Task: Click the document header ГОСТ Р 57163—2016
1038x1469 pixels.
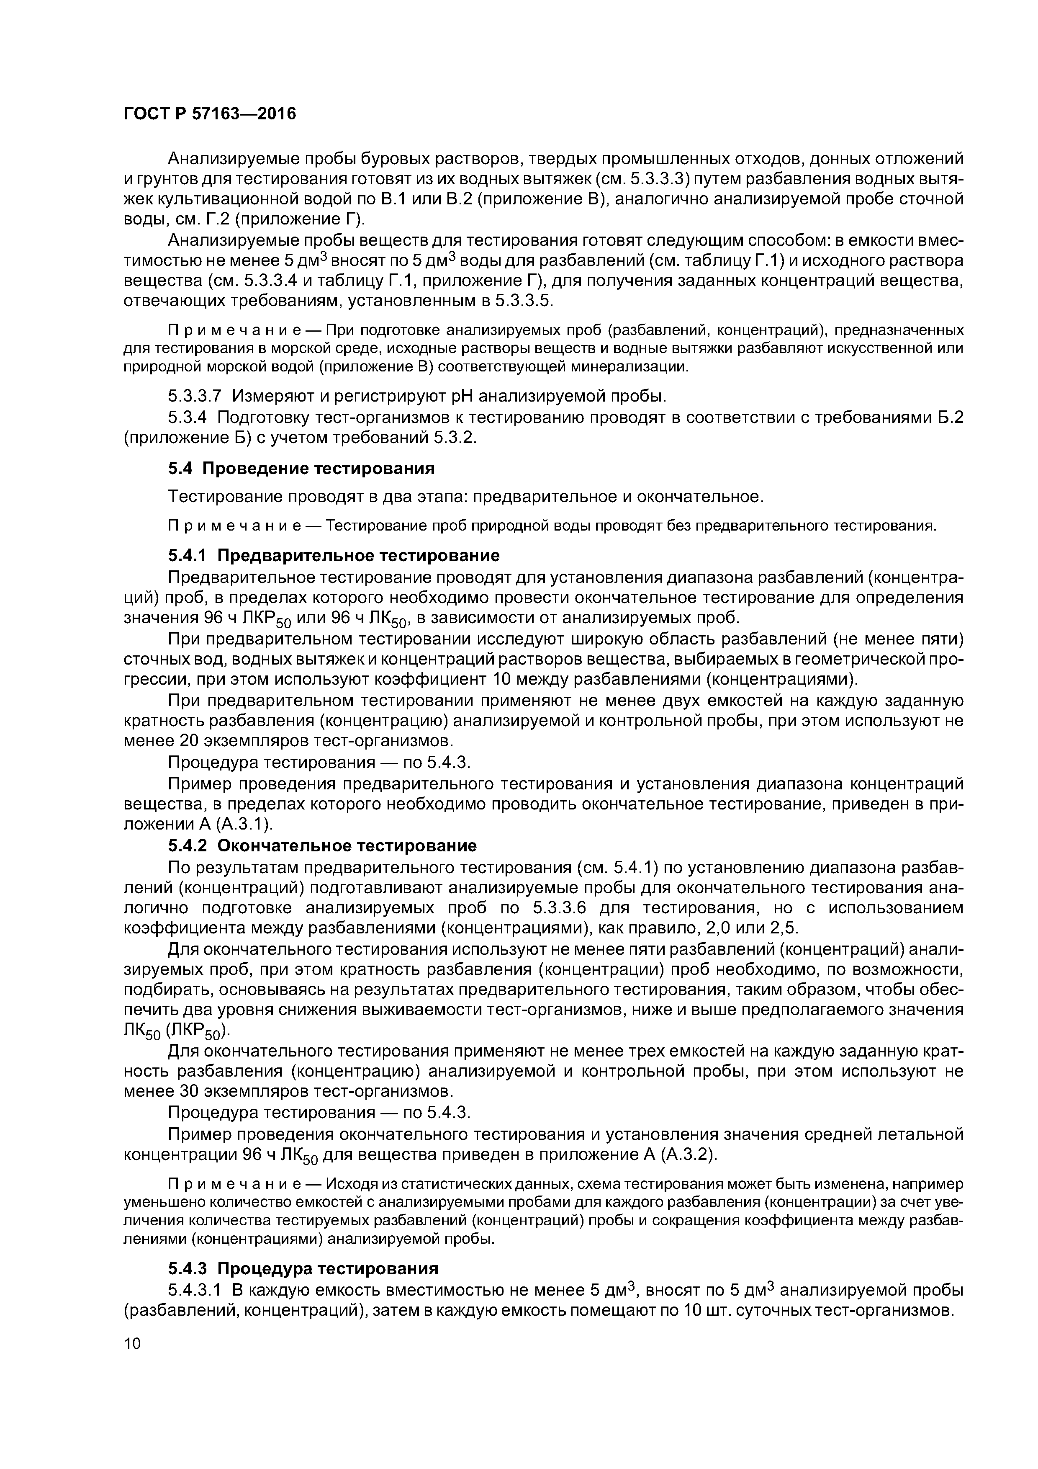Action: coord(210,114)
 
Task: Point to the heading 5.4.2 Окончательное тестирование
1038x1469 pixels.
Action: coord(322,846)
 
